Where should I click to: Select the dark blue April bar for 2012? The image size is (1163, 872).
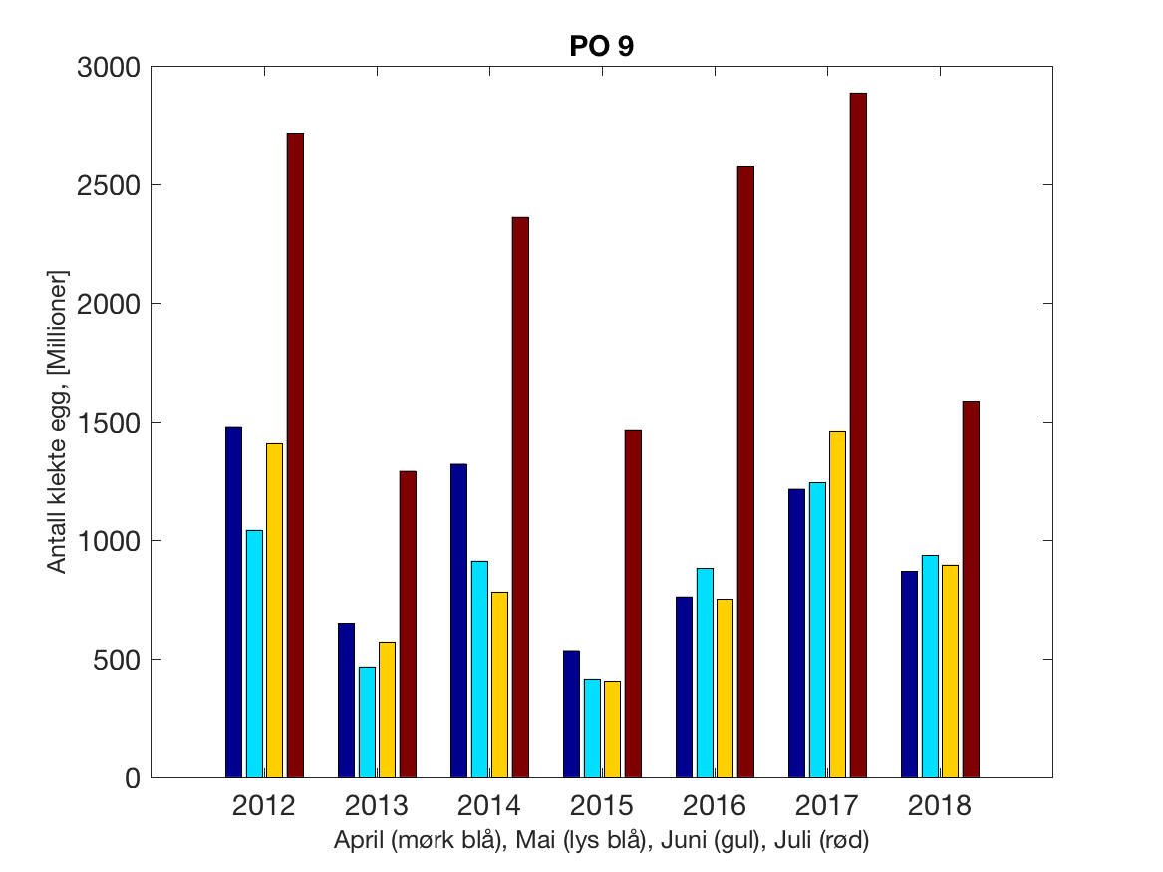coord(233,602)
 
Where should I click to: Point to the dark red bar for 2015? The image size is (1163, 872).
coord(633,603)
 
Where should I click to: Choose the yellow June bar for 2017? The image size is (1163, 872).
coord(837,604)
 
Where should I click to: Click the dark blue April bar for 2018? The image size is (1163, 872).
coord(909,674)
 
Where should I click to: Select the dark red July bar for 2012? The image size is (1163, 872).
coord(295,454)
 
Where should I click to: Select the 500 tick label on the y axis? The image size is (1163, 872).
coord(118,660)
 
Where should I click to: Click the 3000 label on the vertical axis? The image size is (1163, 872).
coord(109,67)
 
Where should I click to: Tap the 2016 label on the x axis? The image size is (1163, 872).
coord(715,805)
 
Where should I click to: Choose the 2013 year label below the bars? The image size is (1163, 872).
coord(377,805)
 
